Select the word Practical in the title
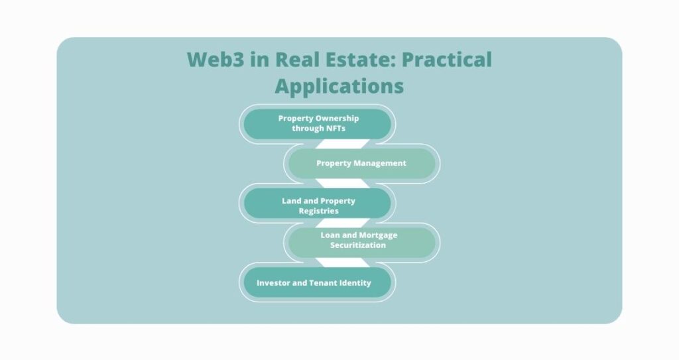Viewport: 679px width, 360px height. pyautogui.click(x=447, y=60)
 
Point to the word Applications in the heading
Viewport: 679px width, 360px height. pyautogui.click(x=339, y=86)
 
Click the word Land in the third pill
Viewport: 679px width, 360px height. pyautogui.click(x=291, y=201)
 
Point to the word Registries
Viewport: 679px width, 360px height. pyautogui.click(x=319, y=211)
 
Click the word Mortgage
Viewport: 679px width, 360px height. pyautogui.click(x=377, y=235)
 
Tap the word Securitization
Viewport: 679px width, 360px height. pyautogui.click(x=357, y=245)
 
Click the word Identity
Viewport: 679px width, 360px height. pyautogui.click(x=355, y=283)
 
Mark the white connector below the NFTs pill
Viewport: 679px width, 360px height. pyautogui.click(x=343, y=144)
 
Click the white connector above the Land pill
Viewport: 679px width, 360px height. pyautogui.click(x=343, y=183)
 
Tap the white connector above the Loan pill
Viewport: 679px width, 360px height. pyautogui.click(x=343, y=223)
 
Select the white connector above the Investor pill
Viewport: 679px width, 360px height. pyautogui.click(x=343, y=263)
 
